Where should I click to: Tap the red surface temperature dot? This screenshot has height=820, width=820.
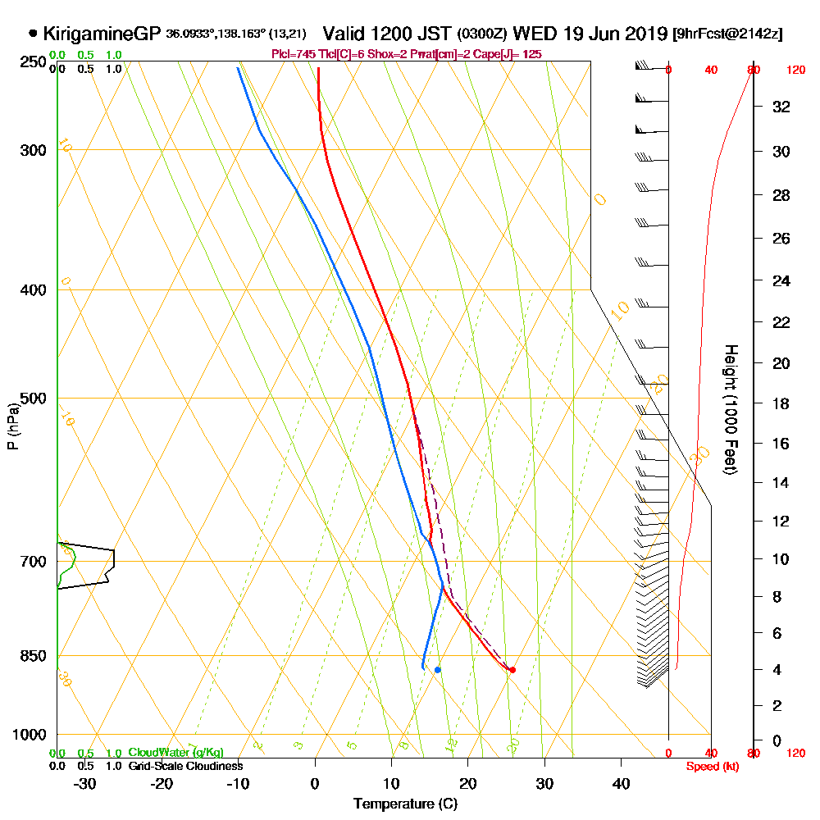click(512, 670)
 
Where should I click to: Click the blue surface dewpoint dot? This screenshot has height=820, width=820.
click(438, 670)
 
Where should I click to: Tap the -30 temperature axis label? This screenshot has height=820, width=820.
click(84, 783)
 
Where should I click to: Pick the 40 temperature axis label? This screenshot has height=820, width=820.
click(621, 783)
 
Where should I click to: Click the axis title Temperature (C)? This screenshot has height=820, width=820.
click(405, 804)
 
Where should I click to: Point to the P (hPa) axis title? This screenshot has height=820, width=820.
click(12, 426)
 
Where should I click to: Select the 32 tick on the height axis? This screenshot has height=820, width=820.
click(781, 107)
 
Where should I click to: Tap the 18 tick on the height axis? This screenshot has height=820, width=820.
click(781, 403)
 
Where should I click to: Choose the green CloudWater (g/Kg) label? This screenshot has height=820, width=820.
click(175, 753)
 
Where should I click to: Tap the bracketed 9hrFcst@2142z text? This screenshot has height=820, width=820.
click(727, 34)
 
